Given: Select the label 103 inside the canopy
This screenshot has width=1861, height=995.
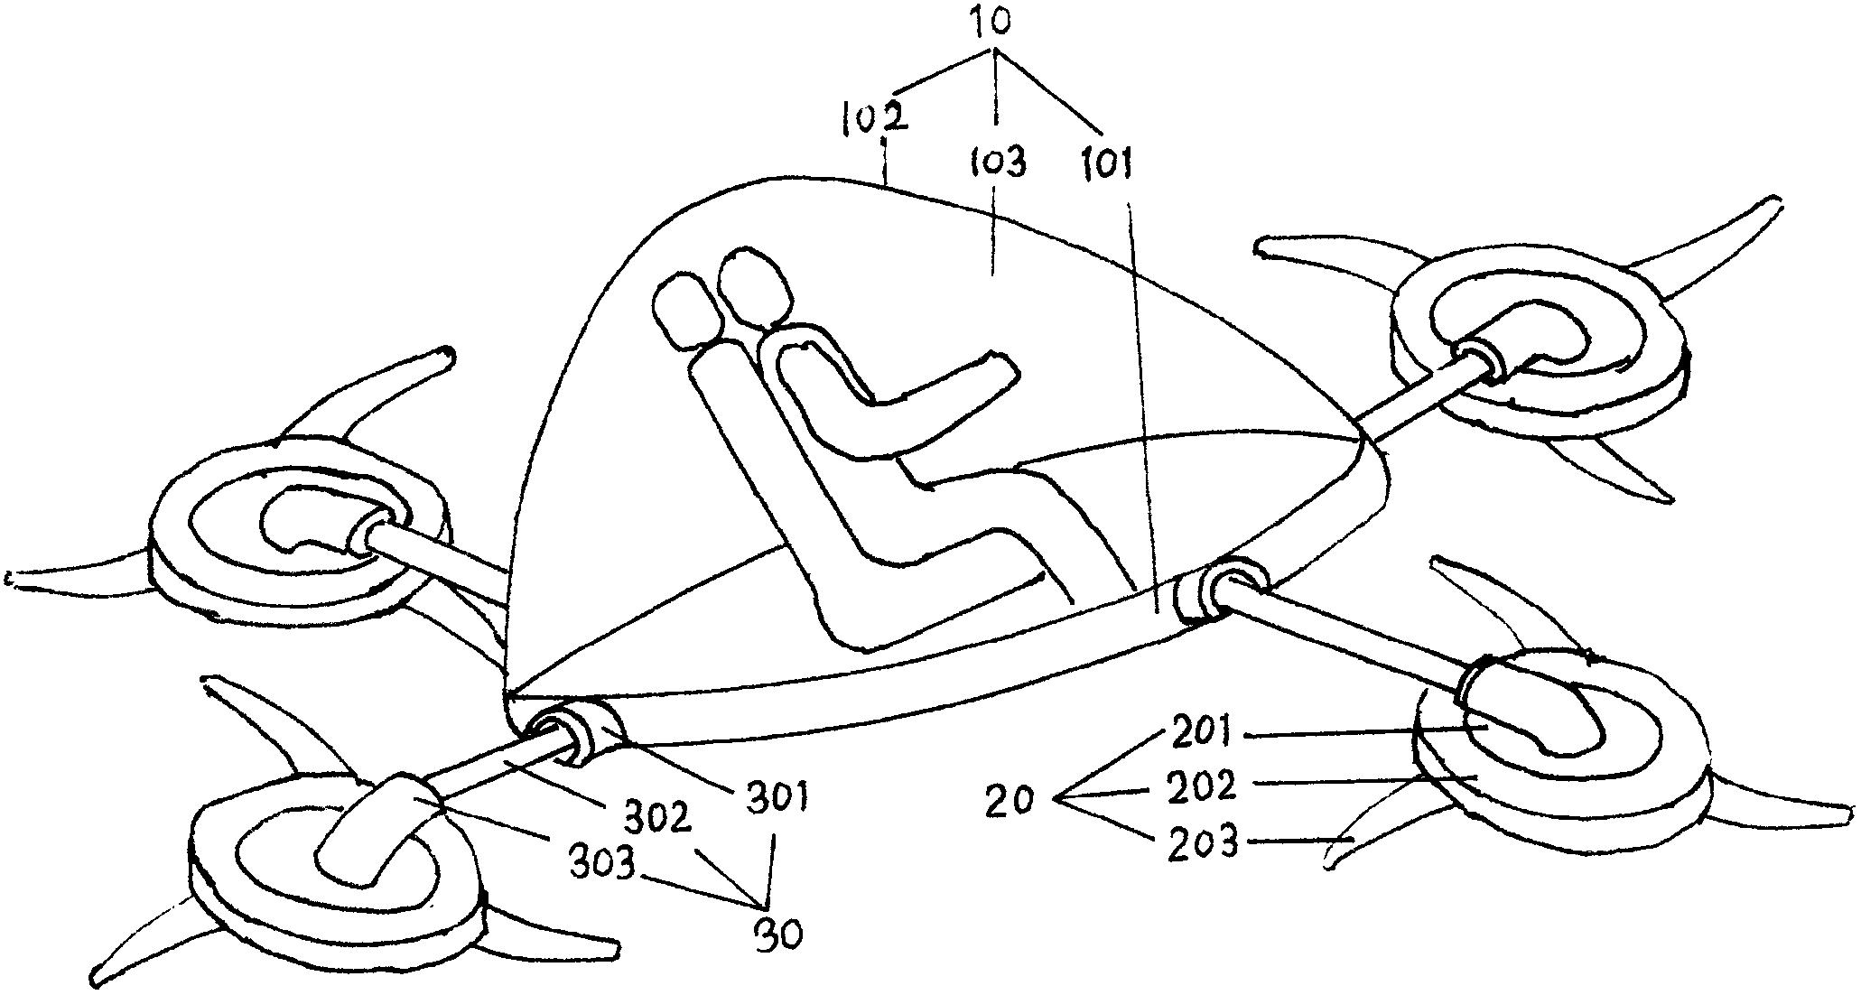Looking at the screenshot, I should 998,164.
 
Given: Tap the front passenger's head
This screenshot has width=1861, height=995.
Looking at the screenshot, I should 757,284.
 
